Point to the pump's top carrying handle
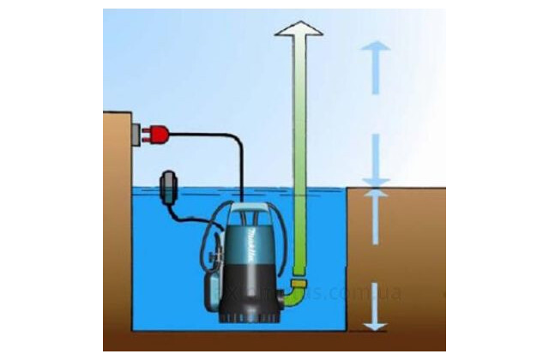click(x=249, y=207)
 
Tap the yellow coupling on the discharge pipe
click(x=299, y=281)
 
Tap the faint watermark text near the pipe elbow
click(x=343, y=293)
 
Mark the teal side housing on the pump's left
click(x=212, y=257)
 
